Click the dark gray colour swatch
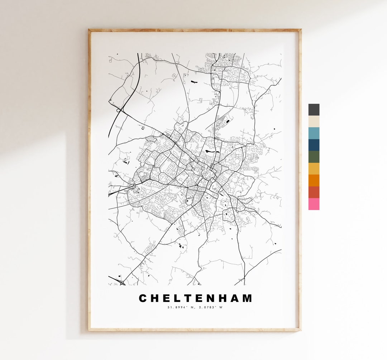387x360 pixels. pos(314,110)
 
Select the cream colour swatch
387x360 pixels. pos(314,122)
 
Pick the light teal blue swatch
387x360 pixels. pos(314,133)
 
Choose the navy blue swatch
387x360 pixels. pos(314,145)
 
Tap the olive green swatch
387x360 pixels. pos(314,157)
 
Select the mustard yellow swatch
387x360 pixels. pos(314,169)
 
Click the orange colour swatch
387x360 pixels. pos(314,180)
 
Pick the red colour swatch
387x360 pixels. pos(314,192)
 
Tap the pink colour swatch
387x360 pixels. pos(314,204)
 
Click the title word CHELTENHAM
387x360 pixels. pos(195,298)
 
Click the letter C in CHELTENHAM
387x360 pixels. pos(143,298)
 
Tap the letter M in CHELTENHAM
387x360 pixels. pos(247,298)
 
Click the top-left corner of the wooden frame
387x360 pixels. pos(90,30)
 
